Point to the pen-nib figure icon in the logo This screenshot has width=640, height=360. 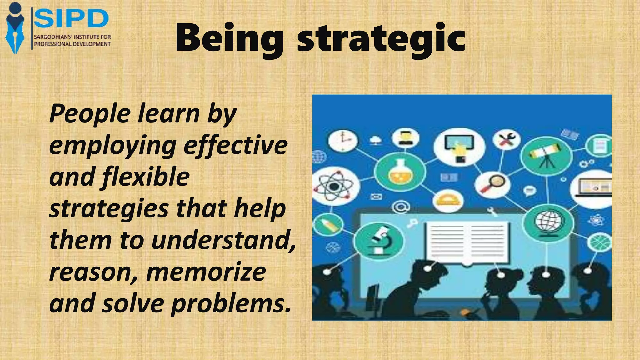(x=15, y=28)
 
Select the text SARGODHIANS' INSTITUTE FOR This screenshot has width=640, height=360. (x=72, y=37)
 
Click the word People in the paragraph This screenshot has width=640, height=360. (x=90, y=113)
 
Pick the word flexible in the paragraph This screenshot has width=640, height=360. (x=145, y=177)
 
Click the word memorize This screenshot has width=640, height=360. (x=206, y=272)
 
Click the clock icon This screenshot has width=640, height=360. (x=343, y=141)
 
